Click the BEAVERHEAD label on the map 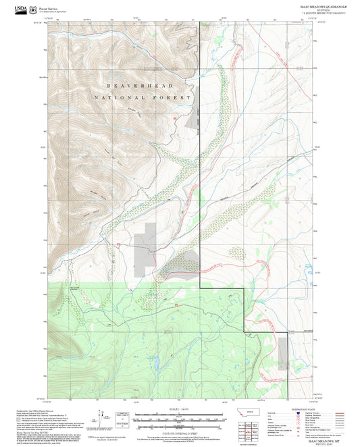pos(140,86)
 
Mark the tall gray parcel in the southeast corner pos(282,353)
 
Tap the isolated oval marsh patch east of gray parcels pos(237,253)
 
